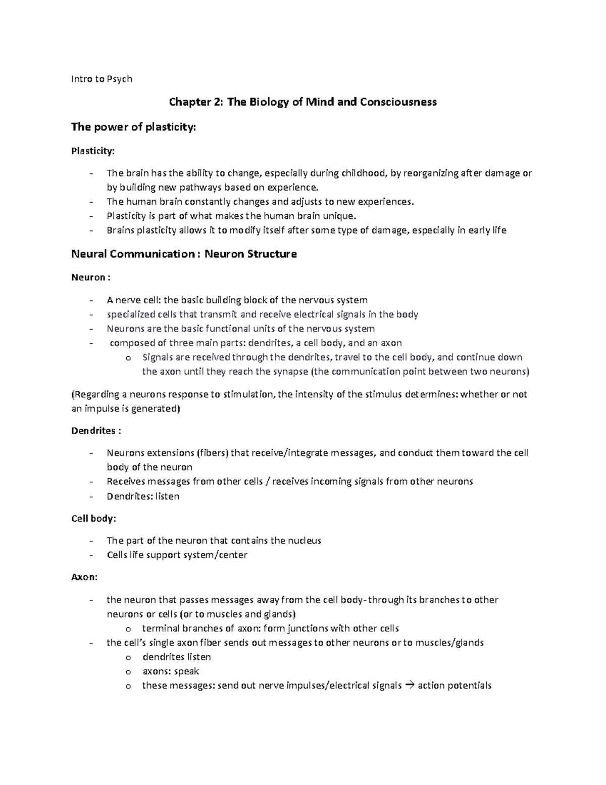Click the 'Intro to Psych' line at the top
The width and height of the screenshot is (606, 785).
(x=102, y=79)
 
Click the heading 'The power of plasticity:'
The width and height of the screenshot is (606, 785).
(x=133, y=127)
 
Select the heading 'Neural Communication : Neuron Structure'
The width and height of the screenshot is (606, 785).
(x=184, y=254)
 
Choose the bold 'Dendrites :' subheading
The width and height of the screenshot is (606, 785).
(x=96, y=431)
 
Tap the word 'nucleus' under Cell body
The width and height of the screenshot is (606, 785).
(x=304, y=540)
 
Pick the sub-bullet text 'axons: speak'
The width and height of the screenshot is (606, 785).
(x=171, y=671)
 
